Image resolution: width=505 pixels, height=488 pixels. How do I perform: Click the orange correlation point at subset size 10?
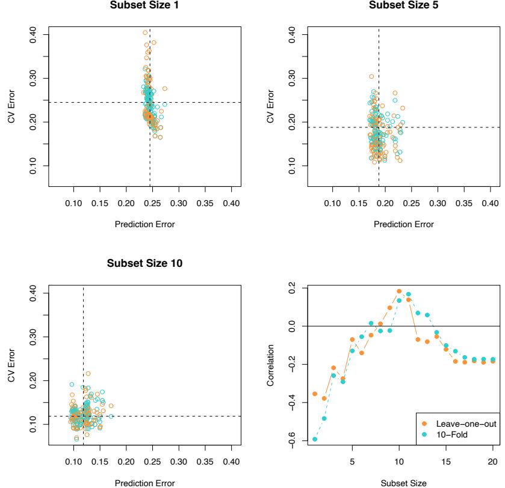(x=399, y=291)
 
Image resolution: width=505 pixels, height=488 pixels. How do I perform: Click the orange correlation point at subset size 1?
(x=315, y=394)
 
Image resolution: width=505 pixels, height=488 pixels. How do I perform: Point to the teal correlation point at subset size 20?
(x=493, y=359)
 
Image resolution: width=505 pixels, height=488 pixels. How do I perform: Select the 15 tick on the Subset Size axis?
(x=446, y=463)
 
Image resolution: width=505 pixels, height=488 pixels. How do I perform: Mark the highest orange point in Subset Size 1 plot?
(x=145, y=32)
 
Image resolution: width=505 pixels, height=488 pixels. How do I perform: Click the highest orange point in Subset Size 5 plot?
(x=371, y=76)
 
